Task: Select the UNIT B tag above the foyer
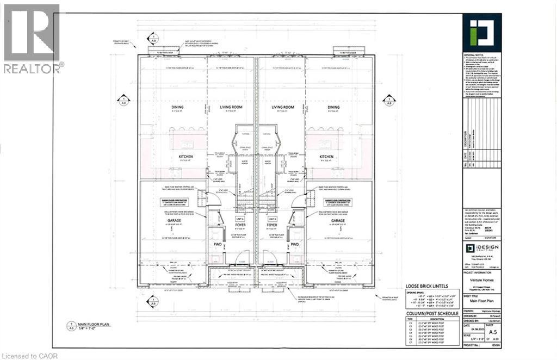(272, 218)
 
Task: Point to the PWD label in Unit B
(295, 245)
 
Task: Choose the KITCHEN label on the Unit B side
(326, 158)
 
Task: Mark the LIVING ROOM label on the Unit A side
(231, 108)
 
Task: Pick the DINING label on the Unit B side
(333, 108)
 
